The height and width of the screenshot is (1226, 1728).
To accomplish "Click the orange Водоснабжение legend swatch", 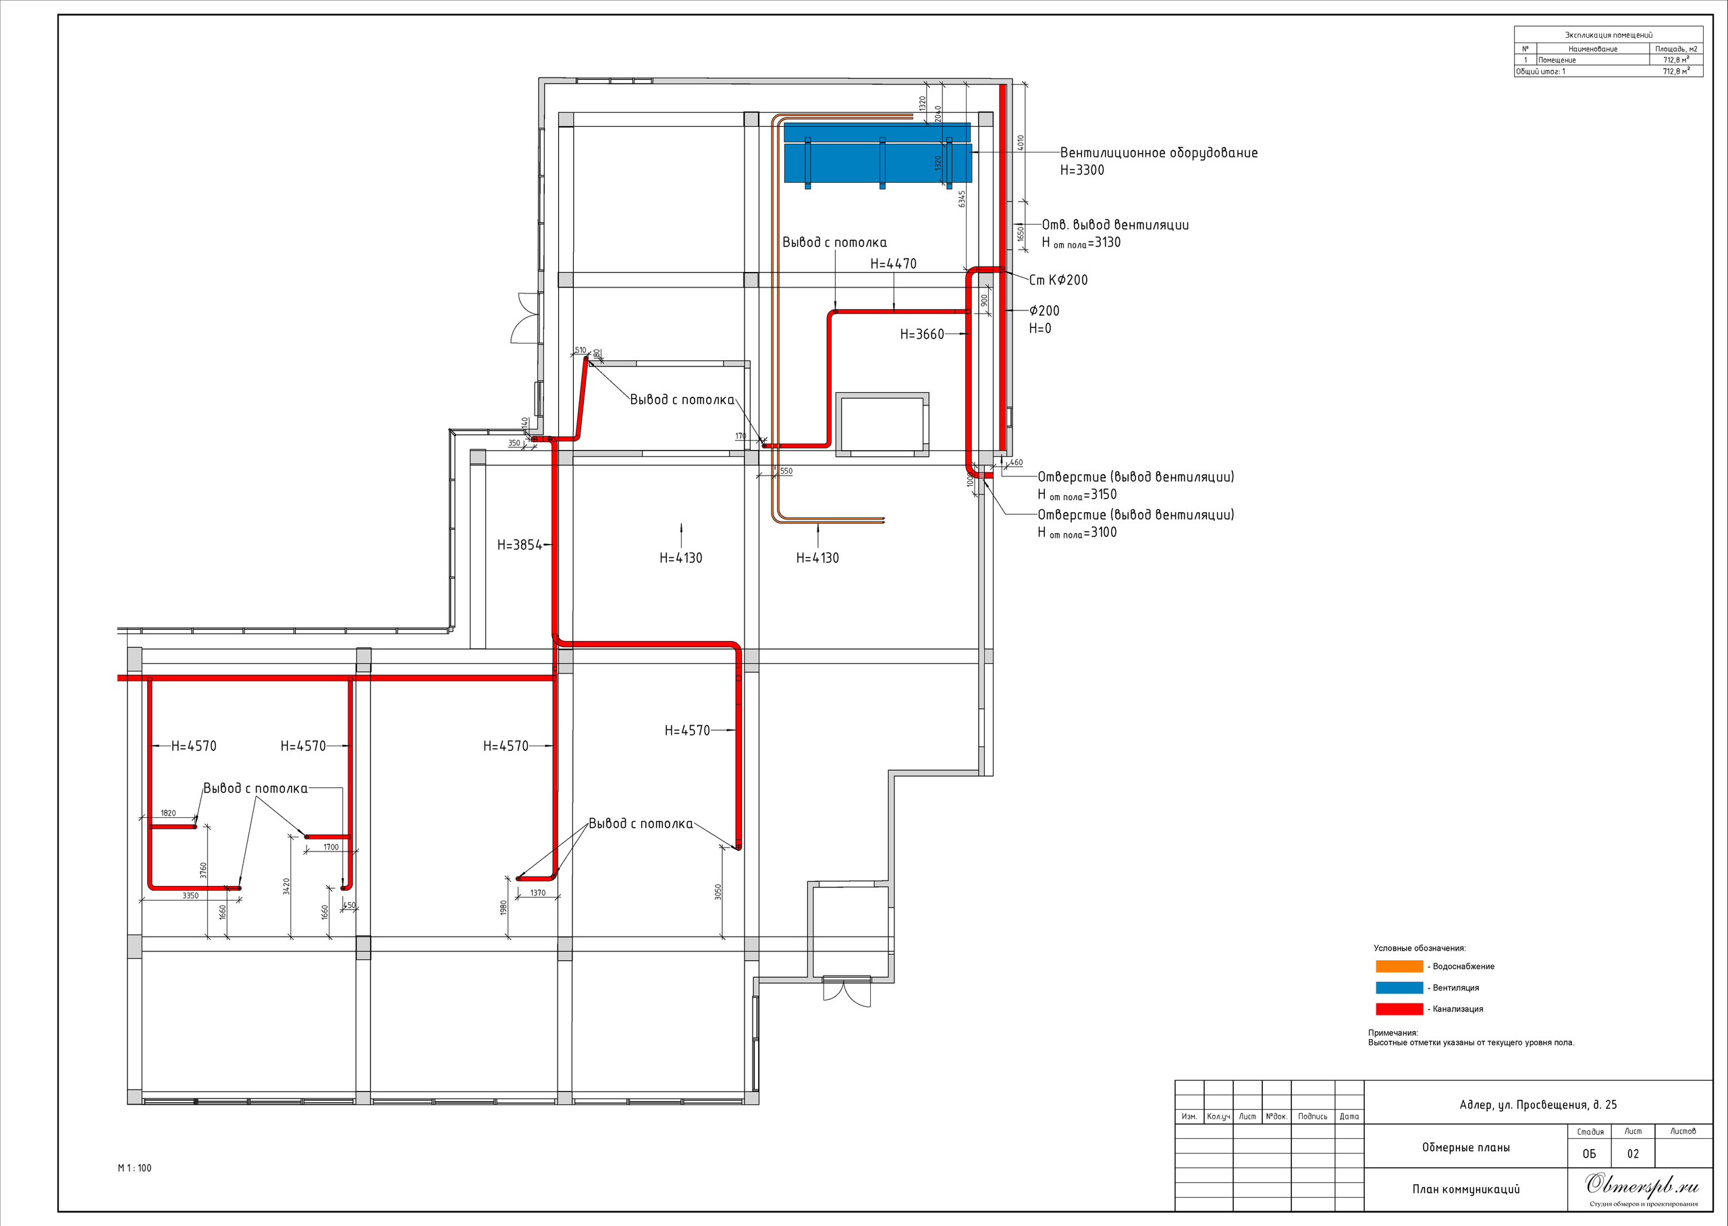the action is [x=1399, y=966].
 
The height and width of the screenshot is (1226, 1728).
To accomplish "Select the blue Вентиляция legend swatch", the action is [x=1399, y=987].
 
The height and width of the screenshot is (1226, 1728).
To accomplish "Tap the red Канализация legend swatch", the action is [x=1399, y=1009].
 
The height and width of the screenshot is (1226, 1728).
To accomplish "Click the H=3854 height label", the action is [x=520, y=545].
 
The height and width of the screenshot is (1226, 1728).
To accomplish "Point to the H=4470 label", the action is [x=894, y=263].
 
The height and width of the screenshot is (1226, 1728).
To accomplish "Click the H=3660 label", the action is [x=922, y=335].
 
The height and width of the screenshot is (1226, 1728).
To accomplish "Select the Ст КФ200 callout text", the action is [x=1059, y=280].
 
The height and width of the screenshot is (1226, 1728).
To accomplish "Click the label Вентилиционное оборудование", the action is [x=1159, y=152].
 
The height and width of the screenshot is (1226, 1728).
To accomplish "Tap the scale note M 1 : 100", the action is [x=134, y=1168].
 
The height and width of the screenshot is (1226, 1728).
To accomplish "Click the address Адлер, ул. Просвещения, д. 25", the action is [x=1538, y=1105].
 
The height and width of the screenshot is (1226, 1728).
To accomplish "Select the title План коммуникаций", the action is [x=1466, y=1189].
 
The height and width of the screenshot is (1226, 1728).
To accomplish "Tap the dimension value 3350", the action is [x=190, y=895].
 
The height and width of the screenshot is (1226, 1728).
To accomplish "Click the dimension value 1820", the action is [x=169, y=813].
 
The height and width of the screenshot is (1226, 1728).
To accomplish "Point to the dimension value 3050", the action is [x=718, y=891].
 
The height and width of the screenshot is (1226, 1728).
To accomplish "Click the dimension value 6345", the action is [x=961, y=198].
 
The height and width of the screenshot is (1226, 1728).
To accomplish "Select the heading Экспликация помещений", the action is [x=1608, y=34].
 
